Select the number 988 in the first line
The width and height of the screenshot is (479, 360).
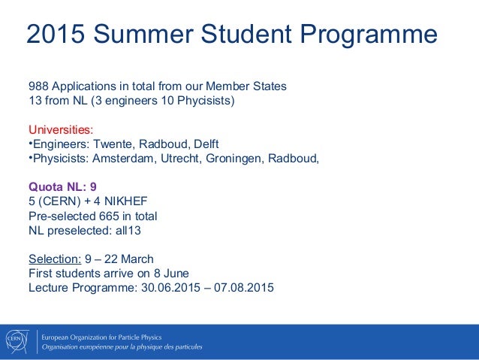click(x=39, y=86)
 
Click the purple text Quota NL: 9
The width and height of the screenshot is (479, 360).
click(x=62, y=187)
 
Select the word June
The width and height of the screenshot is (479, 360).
click(x=172, y=273)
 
